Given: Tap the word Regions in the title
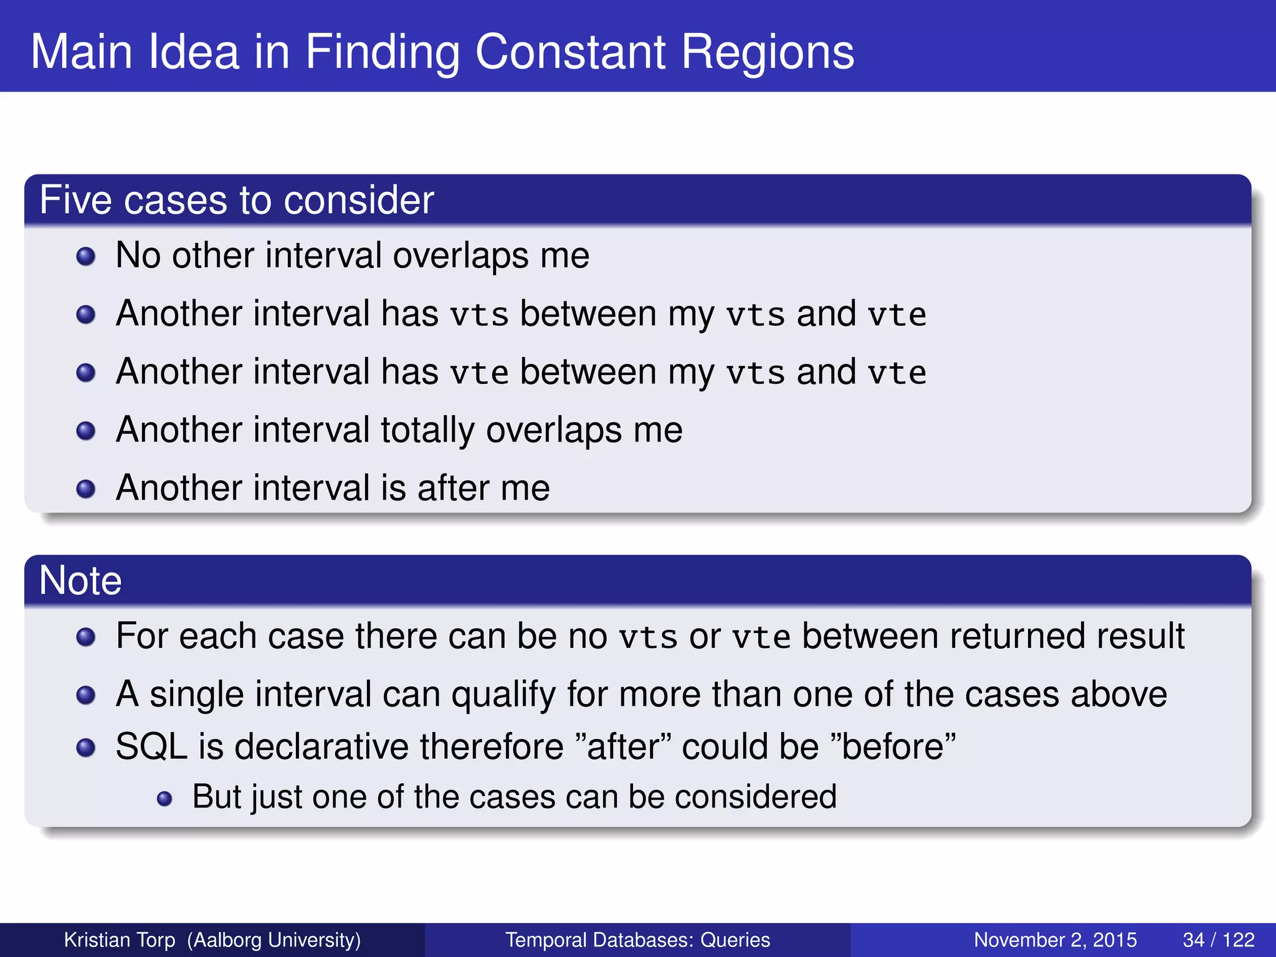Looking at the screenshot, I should click(x=768, y=53).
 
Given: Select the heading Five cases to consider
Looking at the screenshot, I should click(x=236, y=200).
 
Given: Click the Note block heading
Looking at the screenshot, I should click(x=80, y=580).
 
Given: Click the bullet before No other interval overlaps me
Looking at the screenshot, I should click(x=85, y=256).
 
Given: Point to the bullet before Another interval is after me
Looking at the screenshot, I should click(x=85, y=488).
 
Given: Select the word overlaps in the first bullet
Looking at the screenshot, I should click(x=460, y=256).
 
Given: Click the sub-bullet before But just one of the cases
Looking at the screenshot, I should click(x=164, y=798).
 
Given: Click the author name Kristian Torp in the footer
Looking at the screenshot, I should click(x=120, y=940).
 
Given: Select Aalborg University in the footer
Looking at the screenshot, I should click(x=274, y=940).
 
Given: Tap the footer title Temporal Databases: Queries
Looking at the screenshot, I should click(x=637, y=940).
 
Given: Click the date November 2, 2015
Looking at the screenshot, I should click(x=1055, y=940).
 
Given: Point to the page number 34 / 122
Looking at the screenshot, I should click(x=1218, y=940).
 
